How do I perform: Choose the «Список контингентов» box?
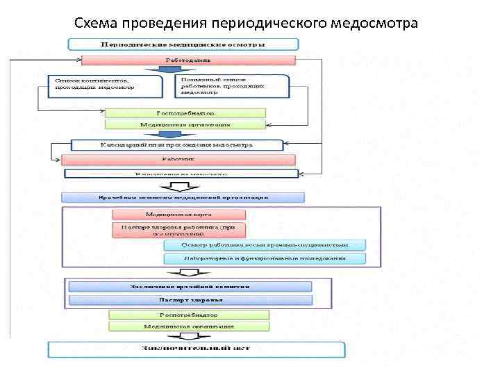pos(104,85)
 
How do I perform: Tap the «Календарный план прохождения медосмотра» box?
pos(178,145)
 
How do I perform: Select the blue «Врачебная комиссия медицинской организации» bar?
pos(183,197)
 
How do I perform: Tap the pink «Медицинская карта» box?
pos(179,215)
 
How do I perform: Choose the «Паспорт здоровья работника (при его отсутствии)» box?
pos(179,231)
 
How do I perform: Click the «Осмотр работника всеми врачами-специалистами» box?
pos(265,245)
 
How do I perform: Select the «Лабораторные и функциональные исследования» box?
pos(265,259)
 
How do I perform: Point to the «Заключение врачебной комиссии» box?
pos(190,286)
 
